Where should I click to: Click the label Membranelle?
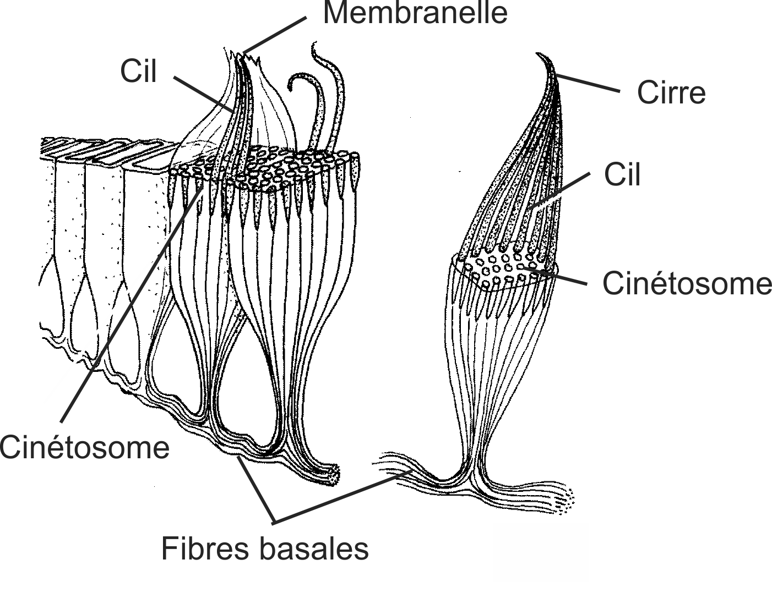point(415,13)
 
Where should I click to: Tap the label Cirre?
point(671,92)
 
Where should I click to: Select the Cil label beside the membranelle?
point(139,72)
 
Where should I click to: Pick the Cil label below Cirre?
point(622,175)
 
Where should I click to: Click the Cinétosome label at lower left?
point(84,447)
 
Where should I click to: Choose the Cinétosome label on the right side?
point(687,283)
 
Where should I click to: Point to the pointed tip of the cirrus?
point(539,55)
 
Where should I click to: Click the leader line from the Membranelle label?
point(275,35)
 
